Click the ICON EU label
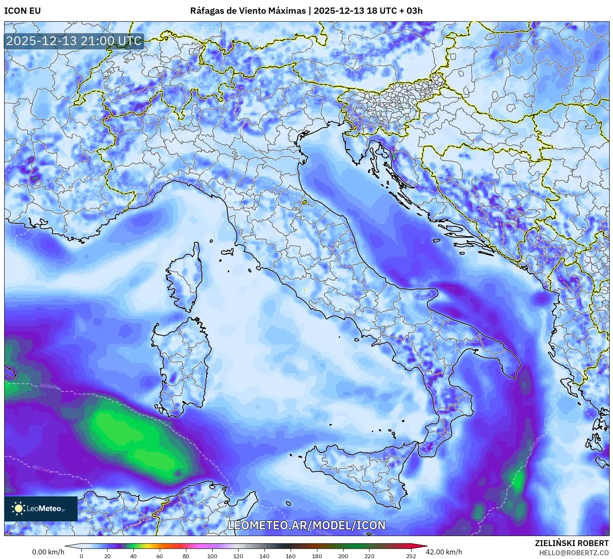[23, 11]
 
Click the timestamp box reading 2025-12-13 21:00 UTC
[74, 41]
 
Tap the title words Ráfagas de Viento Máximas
[248, 11]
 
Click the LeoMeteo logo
[41, 508]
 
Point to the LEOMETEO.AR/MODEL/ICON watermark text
[306, 525]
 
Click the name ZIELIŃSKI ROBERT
[572, 543]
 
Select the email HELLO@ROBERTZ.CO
[573, 552]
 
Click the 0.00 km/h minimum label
[48, 552]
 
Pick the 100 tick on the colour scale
[212, 556]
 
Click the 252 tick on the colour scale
[411, 556]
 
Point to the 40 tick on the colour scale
[133, 556]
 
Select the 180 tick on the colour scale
[317, 556]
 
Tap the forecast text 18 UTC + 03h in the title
[394, 11]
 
